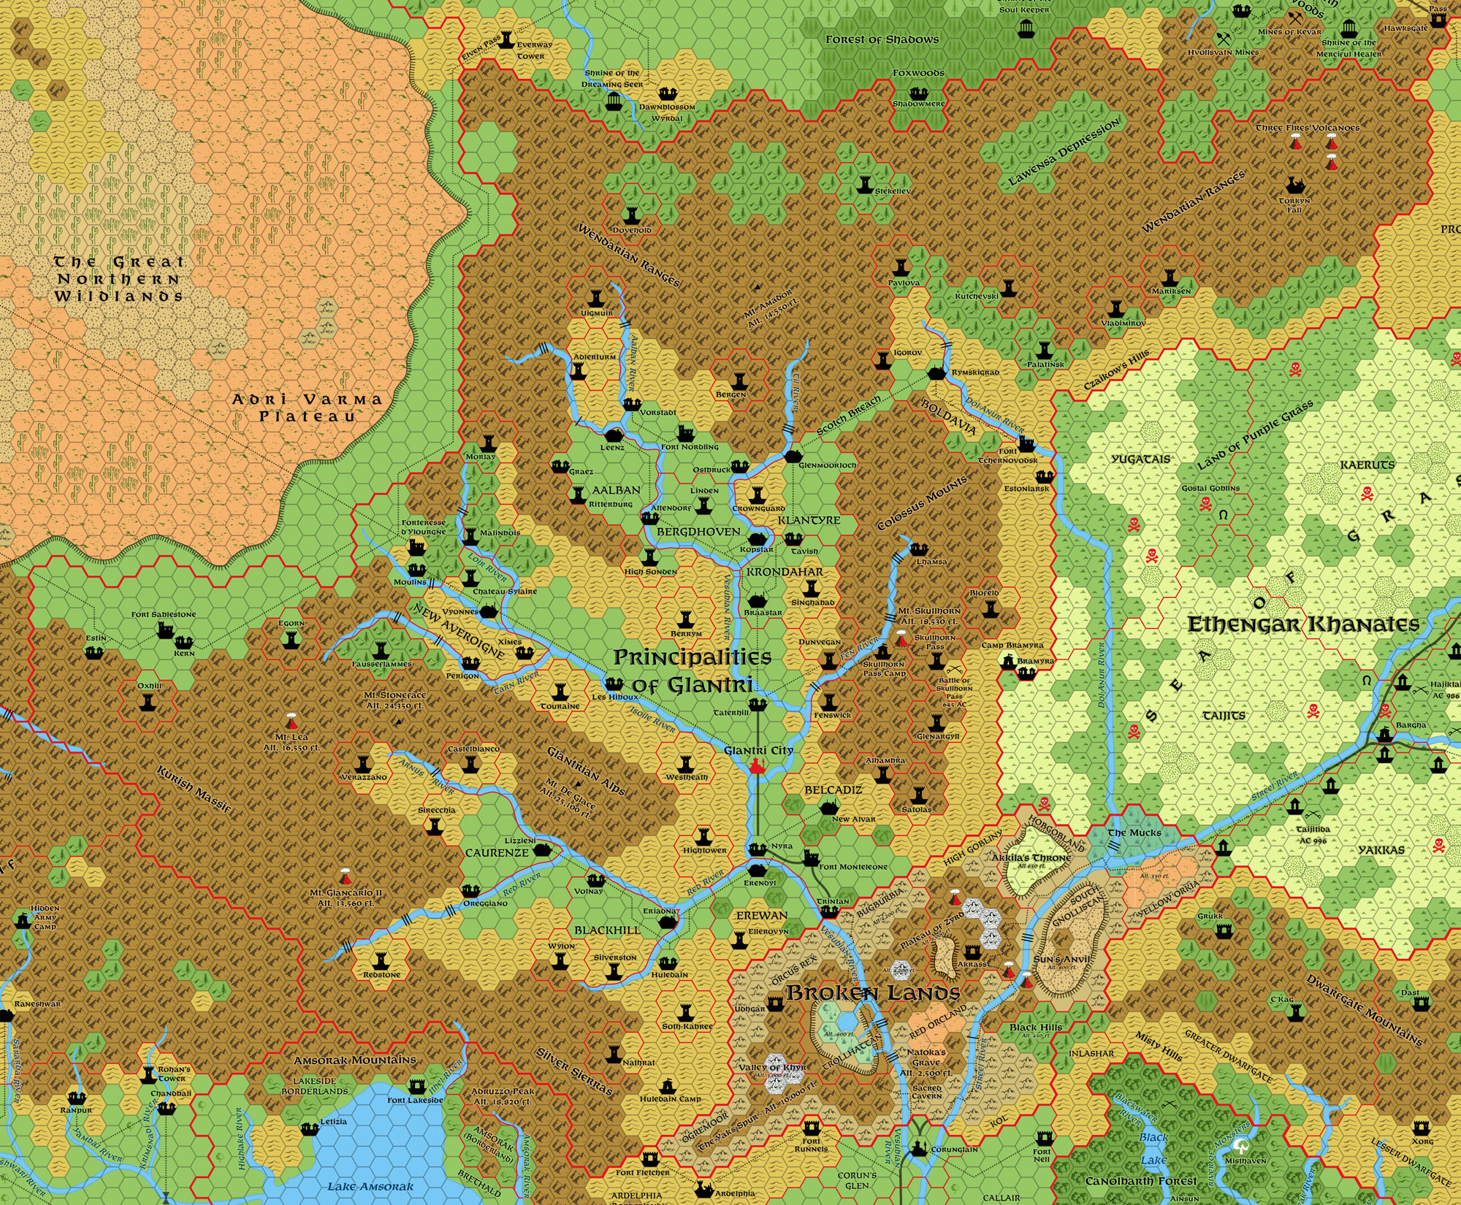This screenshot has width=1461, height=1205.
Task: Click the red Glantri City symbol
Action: tap(757, 766)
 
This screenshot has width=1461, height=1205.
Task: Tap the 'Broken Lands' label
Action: tap(873, 993)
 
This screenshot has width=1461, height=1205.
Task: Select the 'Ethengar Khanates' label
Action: tap(1303, 624)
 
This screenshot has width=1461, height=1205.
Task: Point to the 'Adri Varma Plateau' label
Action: tap(307, 408)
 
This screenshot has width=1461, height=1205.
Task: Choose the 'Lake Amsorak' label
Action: tap(370, 1186)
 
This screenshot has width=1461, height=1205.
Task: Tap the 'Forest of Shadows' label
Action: tap(882, 39)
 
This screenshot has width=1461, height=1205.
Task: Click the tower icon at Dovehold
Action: tap(632, 215)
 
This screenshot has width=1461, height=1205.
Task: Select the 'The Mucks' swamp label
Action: tap(1134, 833)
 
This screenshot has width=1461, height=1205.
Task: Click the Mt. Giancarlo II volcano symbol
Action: tap(345, 876)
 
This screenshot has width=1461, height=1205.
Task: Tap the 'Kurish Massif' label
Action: tap(194, 789)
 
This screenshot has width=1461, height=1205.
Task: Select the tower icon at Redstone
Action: tap(381, 960)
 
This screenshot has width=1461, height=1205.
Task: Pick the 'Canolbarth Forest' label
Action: tap(1141, 1181)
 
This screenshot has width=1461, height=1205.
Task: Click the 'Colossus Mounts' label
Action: tap(922, 503)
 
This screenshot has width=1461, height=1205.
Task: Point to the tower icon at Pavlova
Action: tap(903, 268)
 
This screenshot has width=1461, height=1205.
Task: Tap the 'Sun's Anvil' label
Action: tap(1061, 959)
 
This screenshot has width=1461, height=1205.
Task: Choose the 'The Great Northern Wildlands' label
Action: tap(118, 279)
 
